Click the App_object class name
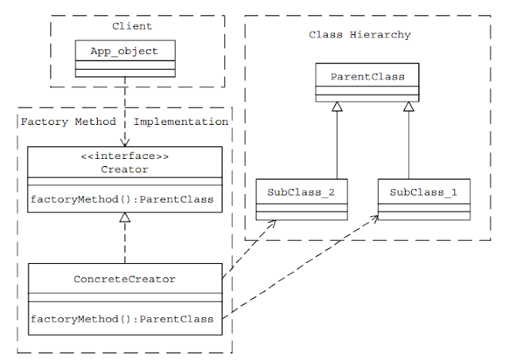point(125,52)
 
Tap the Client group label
point(132,26)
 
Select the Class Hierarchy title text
point(359,35)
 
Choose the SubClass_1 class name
point(423,194)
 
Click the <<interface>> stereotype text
point(125,157)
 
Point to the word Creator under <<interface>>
point(125,169)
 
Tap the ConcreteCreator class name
point(125,279)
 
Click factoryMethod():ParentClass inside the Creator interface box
point(122,199)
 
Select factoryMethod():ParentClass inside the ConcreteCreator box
point(122,319)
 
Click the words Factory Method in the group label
point(68,122)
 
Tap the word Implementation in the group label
point(181,122)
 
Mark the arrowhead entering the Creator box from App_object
point(125,141)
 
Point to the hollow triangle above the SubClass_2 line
point(337,107)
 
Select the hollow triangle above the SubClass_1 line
point(409,107)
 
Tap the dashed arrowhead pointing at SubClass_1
point(374,217)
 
